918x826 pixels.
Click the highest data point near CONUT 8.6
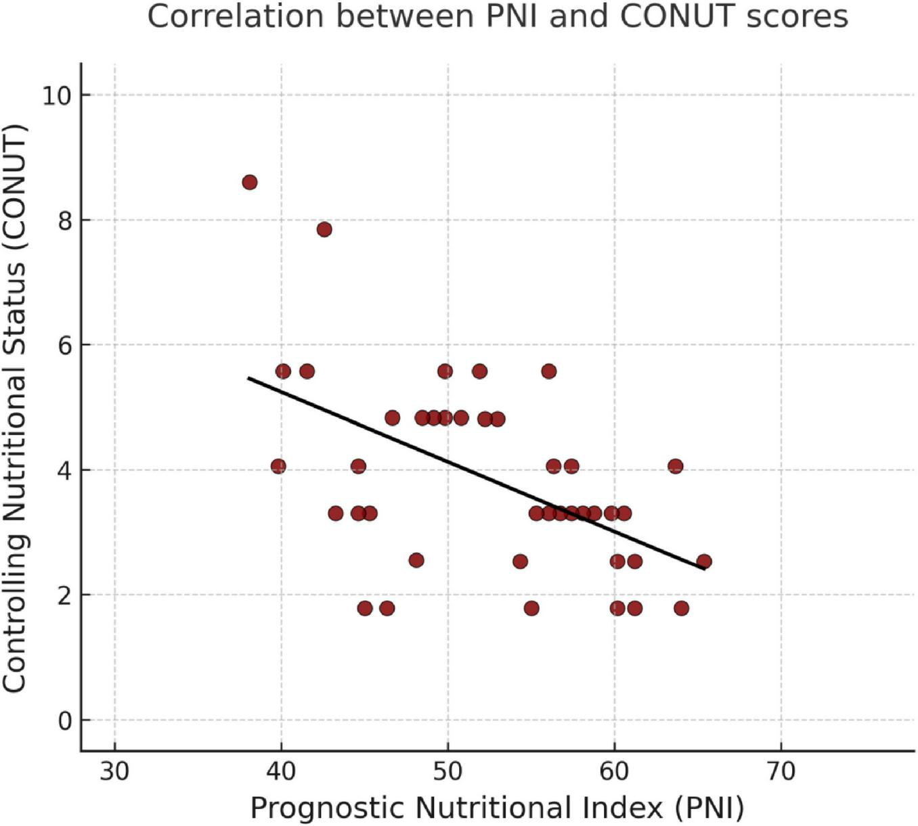249,182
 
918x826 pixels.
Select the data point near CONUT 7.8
324,229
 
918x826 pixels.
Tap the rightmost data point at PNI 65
704,561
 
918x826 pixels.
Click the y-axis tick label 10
57,95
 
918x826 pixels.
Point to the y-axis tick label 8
65,221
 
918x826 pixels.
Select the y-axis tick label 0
65,720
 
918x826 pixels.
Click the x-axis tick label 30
114,771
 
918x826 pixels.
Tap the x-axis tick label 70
781,771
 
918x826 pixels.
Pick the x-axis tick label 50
447,771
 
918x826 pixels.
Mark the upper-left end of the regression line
248,378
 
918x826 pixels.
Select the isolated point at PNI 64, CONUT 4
675,466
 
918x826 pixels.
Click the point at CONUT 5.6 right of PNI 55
549,371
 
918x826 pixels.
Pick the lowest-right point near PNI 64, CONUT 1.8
681,608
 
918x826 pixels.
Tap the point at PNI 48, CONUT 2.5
416,560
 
